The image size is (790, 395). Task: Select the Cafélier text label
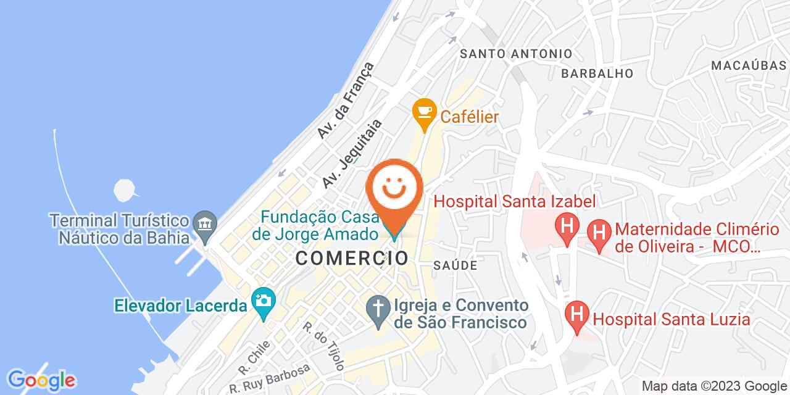[x=469, y=116]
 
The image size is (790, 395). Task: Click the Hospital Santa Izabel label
[x=515, y=201]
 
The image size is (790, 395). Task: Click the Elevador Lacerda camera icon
[x=264, y=302]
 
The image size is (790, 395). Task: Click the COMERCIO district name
[x=352, y=258]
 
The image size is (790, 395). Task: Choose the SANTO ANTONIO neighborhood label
[x=517, y=54]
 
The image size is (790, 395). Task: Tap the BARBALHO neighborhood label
[x=597, y=73]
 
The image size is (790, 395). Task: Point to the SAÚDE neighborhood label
[x=455, y=265]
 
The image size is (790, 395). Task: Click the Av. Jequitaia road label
[x=352, y=154]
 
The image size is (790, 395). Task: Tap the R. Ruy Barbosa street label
[x=269, y=378]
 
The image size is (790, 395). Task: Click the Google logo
[x=41, y=379]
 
